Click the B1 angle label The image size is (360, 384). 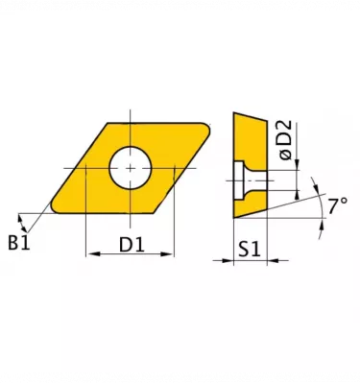tap(19, 243)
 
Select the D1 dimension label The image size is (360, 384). tap(132, 245)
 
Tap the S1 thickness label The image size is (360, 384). tap(250, 250)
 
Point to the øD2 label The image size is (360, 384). tap(286, 139)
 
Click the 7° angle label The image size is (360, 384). tap(338, 205)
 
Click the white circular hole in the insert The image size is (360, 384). tap(130, 168)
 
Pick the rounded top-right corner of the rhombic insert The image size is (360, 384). tap(206, 128)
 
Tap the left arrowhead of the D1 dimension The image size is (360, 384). tap(92, 254)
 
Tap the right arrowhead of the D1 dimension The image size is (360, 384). tap(167, 254)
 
